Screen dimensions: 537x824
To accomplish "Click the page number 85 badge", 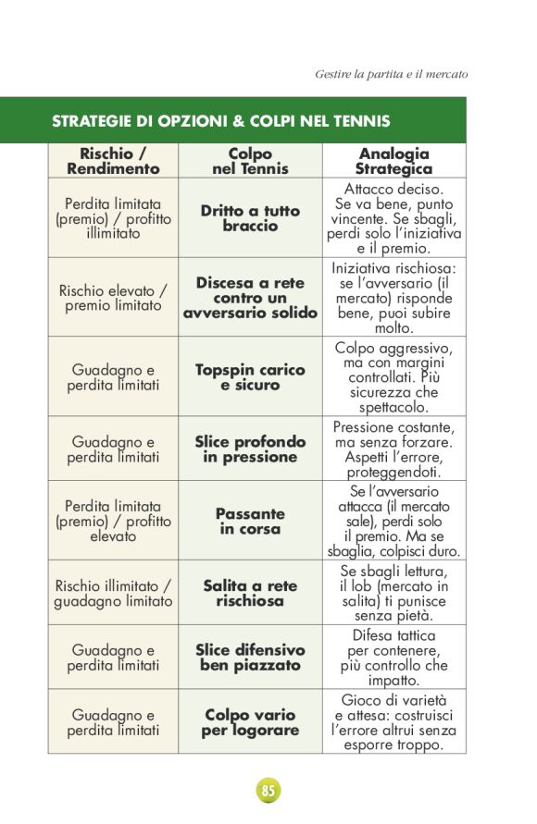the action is coord(268,791).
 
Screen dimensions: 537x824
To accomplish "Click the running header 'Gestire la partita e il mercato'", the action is coord(391,73).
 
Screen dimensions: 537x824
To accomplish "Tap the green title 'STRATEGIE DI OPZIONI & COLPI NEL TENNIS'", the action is coord(220,121).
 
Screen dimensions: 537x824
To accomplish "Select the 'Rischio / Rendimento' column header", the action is coord(113,161).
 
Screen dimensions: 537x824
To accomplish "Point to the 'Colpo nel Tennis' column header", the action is coord(250,161).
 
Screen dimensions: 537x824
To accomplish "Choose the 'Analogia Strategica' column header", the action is coord(393,161).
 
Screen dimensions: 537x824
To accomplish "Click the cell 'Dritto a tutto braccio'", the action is coord(250,218).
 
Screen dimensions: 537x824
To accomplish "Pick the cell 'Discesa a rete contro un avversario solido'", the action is coord(250,298).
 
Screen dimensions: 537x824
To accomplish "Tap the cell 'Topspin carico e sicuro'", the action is coord(250,377).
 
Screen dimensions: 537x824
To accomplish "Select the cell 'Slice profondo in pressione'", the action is coord(250,449).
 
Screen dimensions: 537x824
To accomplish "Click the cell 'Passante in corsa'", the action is coord(250,522).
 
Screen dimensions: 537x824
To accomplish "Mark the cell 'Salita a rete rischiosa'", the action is coord(250,593).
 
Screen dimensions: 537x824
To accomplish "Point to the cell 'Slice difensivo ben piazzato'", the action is coord(250,658).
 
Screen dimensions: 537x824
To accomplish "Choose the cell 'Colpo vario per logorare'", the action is coord(250,722).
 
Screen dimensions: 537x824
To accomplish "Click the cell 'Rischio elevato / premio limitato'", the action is coord(113,298).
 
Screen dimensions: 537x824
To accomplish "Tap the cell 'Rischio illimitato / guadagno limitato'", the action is coord(113,593).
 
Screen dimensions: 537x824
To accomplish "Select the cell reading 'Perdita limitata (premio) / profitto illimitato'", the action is coord(113,218).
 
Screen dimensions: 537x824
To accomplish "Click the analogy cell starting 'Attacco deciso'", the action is coord(393,218).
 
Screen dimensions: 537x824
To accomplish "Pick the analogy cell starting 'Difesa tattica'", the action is coord(393,658).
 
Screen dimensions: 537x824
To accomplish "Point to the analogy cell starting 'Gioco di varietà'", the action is coord(393,722).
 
